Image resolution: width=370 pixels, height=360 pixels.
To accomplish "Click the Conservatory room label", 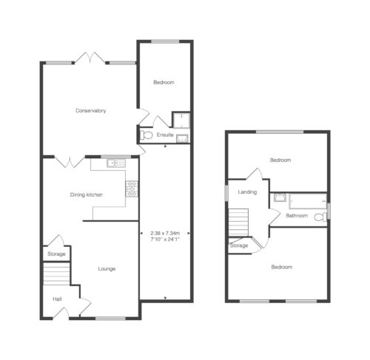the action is (90, 111).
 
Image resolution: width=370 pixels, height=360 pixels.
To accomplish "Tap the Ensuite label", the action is (165, 135).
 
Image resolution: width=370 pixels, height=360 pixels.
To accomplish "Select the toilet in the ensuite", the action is (146, 135).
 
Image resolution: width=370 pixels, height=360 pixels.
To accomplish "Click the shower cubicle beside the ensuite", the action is (181, 120).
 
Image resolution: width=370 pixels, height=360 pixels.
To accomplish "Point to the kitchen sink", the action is (116, 163).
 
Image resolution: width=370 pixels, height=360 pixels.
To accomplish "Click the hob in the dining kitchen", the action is (132, 189).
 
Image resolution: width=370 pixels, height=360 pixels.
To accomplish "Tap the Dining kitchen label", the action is (87, 194).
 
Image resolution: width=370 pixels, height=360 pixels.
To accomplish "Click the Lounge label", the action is (107, 268).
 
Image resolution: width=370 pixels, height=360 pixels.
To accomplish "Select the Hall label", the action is (57, 299).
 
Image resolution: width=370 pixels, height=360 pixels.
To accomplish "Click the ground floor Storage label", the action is (56, 254).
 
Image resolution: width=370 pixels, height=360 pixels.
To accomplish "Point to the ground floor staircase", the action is (56, 274).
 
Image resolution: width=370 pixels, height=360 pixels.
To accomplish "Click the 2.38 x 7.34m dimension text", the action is (165, 233).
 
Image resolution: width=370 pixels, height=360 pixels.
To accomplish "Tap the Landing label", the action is (247, 192).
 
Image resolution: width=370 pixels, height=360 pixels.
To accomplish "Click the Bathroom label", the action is (297, 216).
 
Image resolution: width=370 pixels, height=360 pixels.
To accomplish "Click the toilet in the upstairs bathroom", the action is (320, 217).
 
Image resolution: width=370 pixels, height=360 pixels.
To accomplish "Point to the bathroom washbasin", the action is (280, 197).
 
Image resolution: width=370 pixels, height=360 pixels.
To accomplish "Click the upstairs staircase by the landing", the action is (238, 223).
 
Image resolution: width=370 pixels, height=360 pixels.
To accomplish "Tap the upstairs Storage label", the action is (239, 245).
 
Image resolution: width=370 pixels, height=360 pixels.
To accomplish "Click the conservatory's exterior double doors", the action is (90, 58).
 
